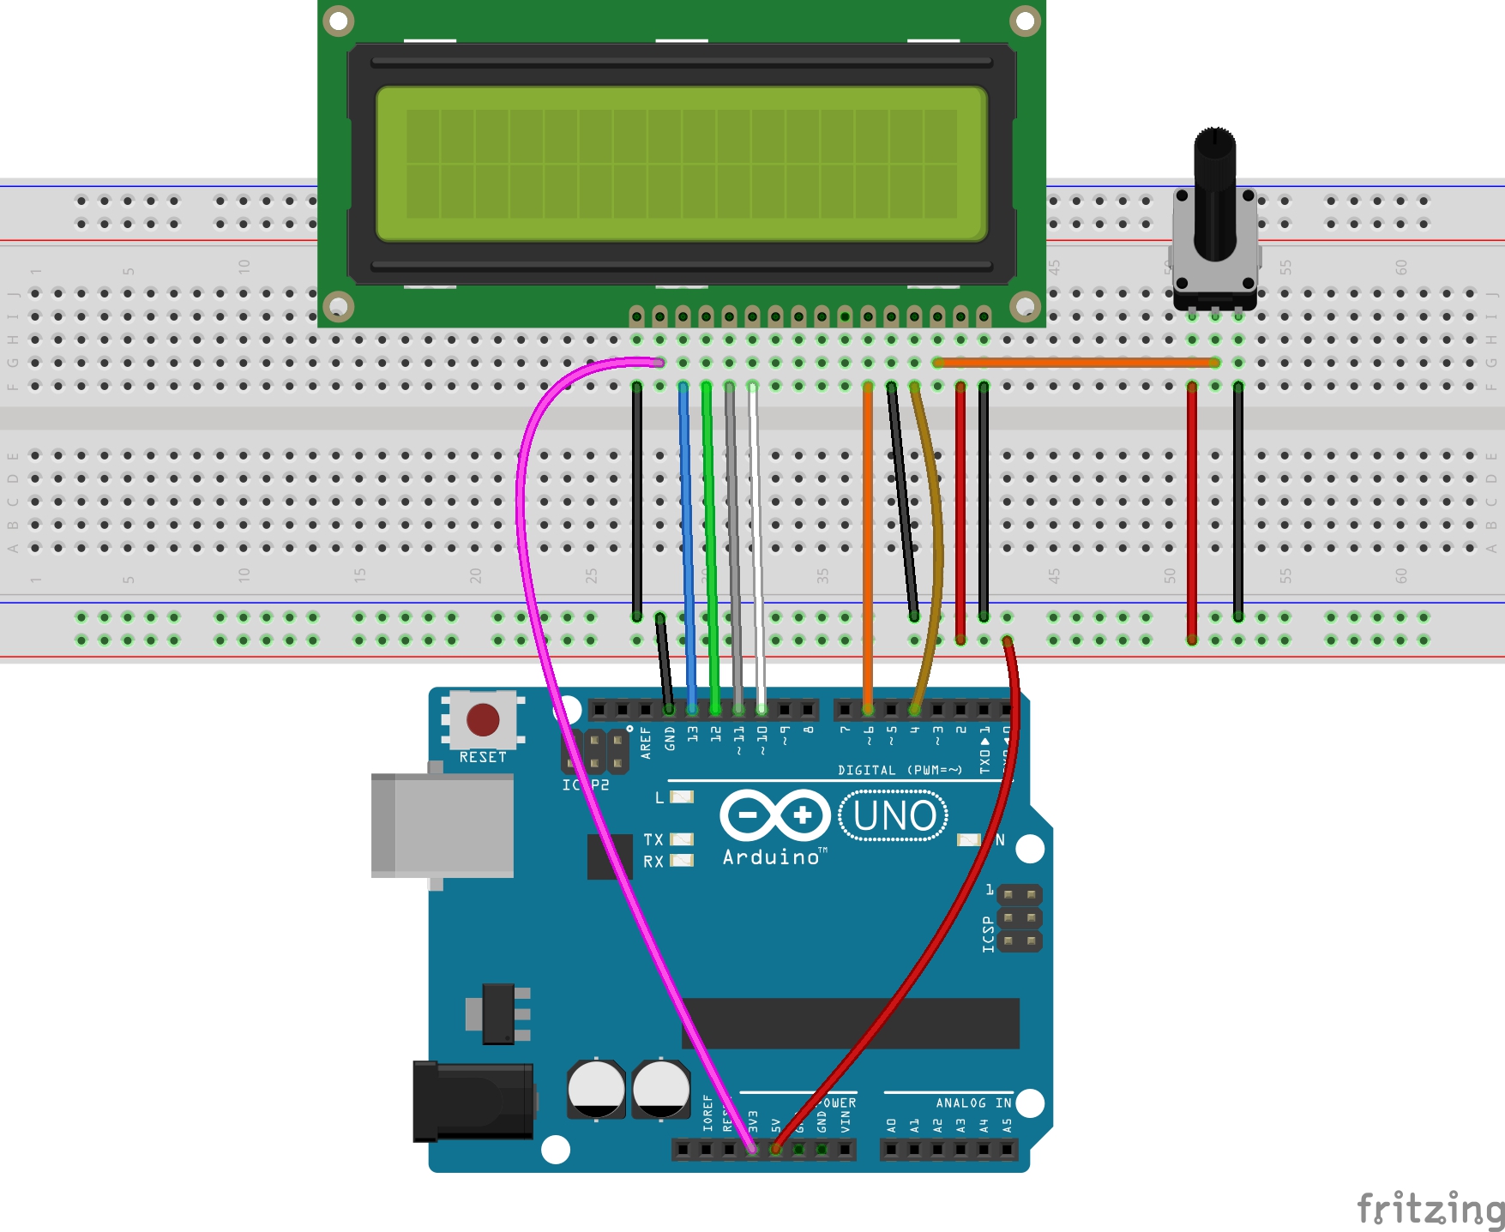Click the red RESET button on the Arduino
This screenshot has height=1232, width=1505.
483,720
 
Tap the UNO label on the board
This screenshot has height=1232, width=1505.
894,815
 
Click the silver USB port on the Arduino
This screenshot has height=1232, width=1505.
442,826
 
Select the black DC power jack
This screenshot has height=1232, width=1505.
473,1101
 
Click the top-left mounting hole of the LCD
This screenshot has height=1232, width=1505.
339,21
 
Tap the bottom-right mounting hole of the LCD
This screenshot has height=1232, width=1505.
1025,304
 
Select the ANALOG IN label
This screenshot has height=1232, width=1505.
973,1103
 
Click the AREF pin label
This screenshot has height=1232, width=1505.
646,742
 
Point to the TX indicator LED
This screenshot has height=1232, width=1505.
682,839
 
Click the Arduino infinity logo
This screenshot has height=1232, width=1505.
775,814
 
